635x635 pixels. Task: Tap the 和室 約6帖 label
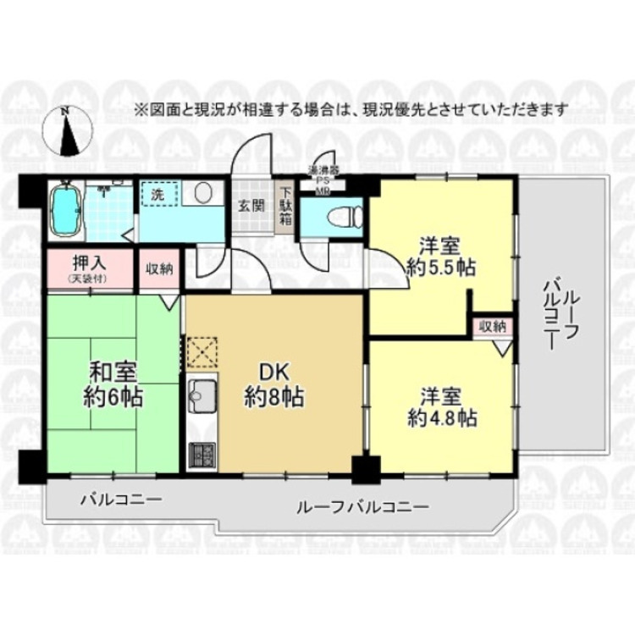[114, 384]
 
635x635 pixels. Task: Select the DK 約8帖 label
[273, 384]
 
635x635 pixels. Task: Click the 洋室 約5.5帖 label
[441, 257]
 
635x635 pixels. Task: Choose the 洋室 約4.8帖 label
[441, 407]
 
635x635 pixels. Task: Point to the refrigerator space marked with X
[202, 351]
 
